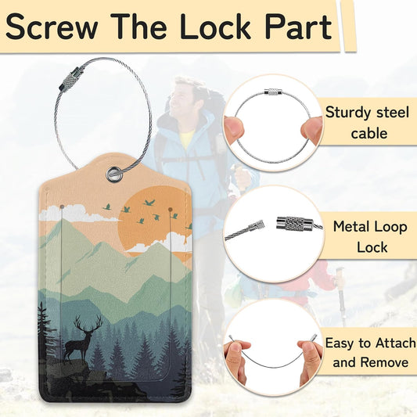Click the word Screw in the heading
pyautogui.click(x=52, y=27)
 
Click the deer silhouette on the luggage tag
pyautogui.click(x=81, y=338)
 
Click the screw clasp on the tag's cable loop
pyautogui.click(x=71, y=78)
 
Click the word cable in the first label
pyautogui.click(x=368, y=133)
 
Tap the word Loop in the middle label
pyautogui.click(x=391, y=228)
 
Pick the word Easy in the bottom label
pyautogui.click(x=340, y=343)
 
